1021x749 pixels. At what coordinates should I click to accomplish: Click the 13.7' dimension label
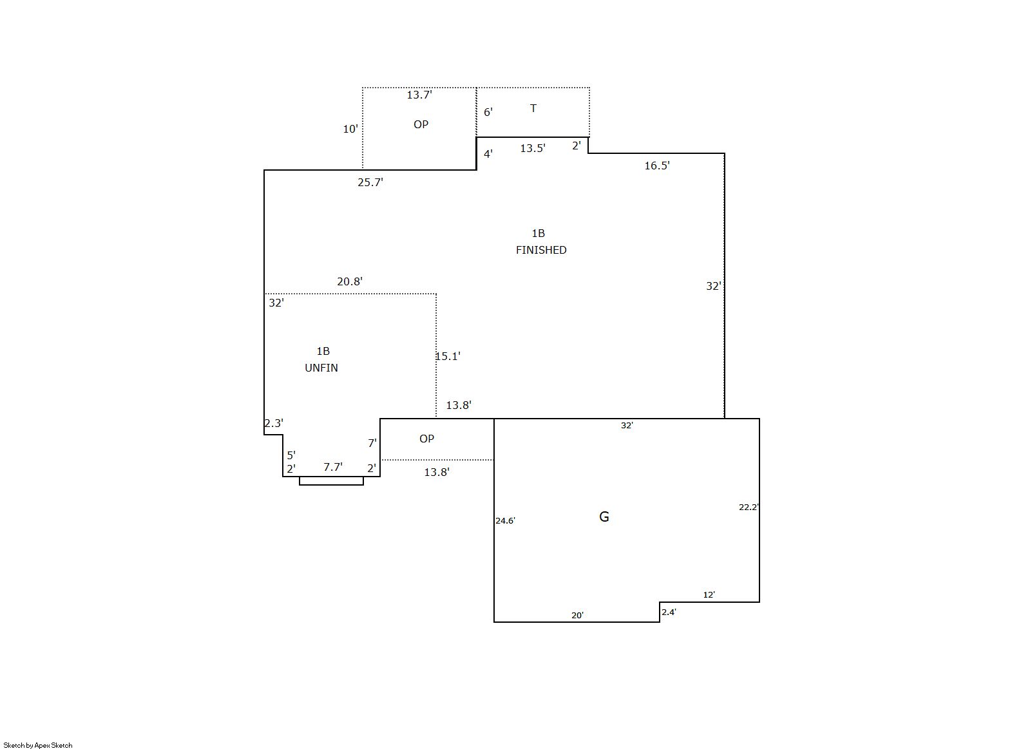419,95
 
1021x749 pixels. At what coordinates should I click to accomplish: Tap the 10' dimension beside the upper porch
350,129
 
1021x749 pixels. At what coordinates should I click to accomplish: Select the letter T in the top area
533,108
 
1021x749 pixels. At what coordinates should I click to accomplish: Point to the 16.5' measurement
657,166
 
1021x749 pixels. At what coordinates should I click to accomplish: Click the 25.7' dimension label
370,182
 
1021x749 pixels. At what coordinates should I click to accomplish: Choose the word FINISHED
541,250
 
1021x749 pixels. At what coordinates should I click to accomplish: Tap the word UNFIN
321,368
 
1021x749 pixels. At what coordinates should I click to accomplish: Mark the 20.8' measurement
350,281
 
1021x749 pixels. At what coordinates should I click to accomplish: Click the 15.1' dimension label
448,356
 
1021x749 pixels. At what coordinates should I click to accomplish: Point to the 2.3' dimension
274,423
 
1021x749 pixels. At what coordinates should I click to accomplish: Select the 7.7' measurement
333,467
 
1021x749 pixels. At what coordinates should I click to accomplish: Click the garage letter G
604,517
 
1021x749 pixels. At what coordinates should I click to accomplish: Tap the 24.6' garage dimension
505,521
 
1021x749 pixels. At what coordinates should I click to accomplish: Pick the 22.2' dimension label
749,507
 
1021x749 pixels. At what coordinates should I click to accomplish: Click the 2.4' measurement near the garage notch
669,612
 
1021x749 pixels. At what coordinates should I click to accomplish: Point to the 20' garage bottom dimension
578,616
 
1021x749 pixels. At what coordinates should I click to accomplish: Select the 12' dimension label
709,594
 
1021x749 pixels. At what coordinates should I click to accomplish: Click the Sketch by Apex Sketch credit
38,745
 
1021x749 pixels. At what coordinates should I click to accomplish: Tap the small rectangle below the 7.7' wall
331,480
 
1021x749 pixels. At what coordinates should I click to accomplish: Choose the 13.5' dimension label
533,148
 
